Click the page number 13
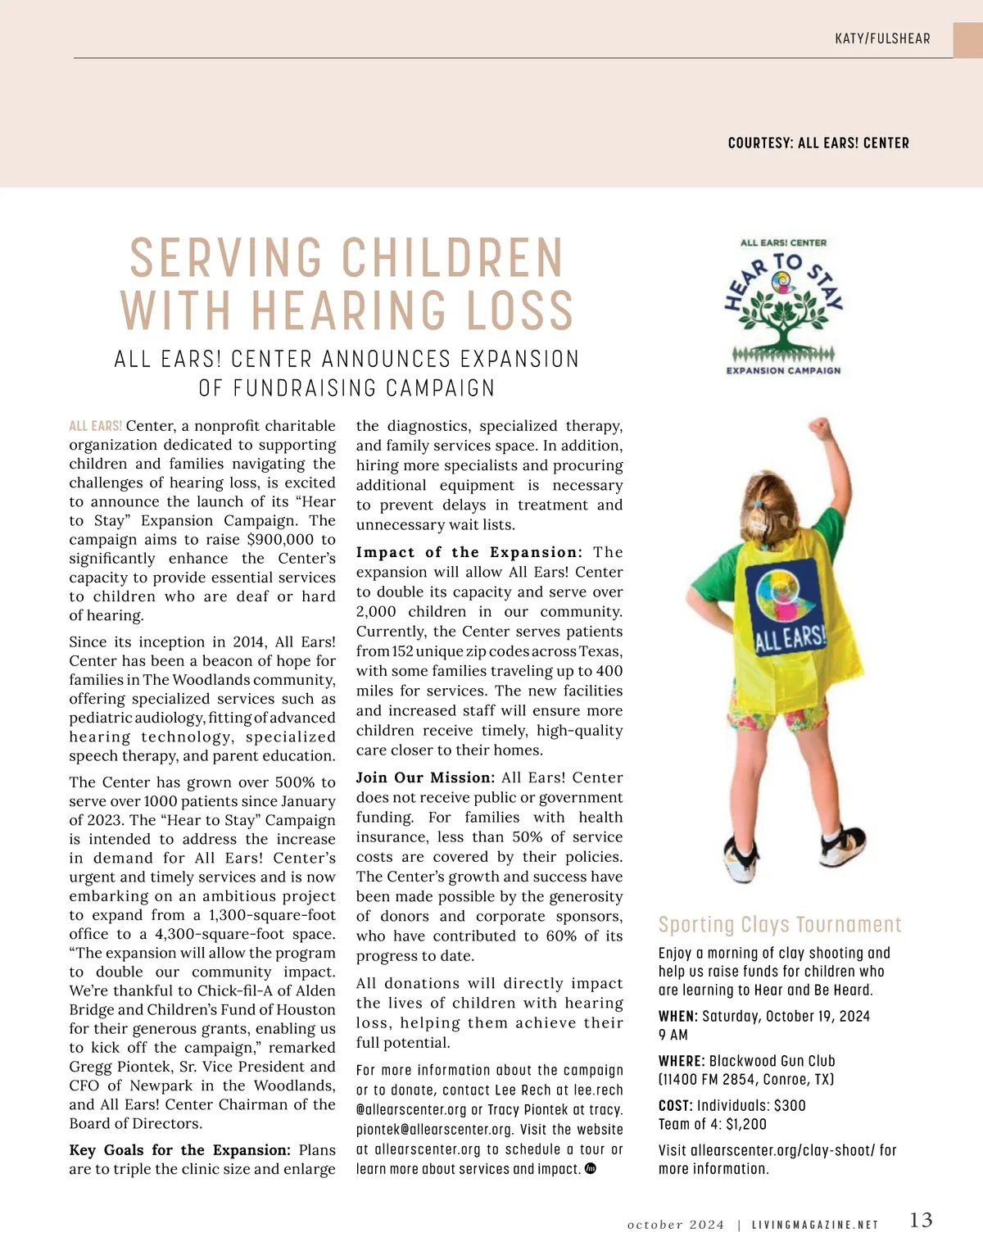(x=921, y=1220)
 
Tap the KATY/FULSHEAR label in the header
(x=882, y=39)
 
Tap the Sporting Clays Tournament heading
(x=779, y=925)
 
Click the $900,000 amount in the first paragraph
(x=280, y=540)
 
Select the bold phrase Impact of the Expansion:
(x=469, y=553)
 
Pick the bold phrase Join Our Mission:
(x=425, y=777)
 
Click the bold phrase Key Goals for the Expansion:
(x=179, y=1150)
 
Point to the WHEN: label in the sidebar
(x=677, y=1017)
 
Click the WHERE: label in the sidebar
(x=682, y=1061)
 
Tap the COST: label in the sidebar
(x=676, y=1105)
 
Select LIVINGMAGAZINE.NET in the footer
(x=815, y=1226)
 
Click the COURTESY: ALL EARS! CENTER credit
(x=818, y=143)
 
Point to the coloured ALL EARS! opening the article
(x=96, y=426)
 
